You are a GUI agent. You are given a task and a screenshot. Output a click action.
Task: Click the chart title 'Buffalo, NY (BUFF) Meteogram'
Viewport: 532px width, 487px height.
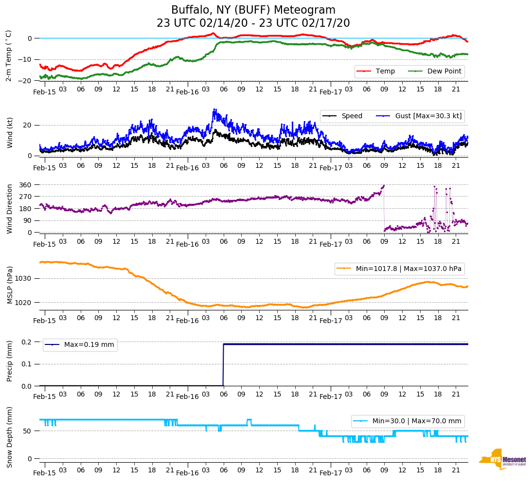point(253,10)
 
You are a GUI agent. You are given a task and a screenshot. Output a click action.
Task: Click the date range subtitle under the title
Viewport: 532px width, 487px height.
point(253,23)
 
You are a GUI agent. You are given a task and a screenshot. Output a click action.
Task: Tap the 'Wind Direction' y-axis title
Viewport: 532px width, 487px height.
point(9,208)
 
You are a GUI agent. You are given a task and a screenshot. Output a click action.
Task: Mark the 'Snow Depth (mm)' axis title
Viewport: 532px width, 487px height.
point(9,437)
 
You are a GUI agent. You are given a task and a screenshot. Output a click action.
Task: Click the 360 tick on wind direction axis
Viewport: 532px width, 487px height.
point(25,185)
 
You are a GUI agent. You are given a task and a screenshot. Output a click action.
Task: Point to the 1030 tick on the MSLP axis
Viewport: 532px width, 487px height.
point(24,279)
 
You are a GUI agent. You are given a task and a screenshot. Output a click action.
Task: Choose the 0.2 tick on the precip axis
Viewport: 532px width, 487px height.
point(26,342)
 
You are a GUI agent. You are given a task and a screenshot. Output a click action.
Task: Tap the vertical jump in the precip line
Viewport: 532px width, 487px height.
point(223,365)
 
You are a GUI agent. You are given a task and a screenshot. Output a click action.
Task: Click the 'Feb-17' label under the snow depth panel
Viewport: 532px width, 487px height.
point(331,473)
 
